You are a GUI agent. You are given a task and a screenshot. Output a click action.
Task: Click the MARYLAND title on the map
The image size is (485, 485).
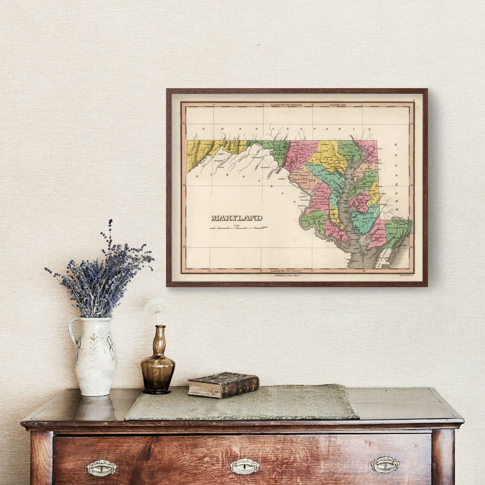pyautogui.click(x=237, y=218)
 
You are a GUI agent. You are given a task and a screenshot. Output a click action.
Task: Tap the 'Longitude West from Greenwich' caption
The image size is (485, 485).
pyautogui.click(x=285, y=271)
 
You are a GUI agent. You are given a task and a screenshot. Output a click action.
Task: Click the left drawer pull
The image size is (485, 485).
pyautogui.click(x=101, y=468)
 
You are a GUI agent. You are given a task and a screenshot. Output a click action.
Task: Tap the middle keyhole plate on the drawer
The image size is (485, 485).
pyautogui.click(x=244, y=466)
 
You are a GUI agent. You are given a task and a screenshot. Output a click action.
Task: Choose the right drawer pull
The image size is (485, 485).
pyautogui.click(x=385, y=465)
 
